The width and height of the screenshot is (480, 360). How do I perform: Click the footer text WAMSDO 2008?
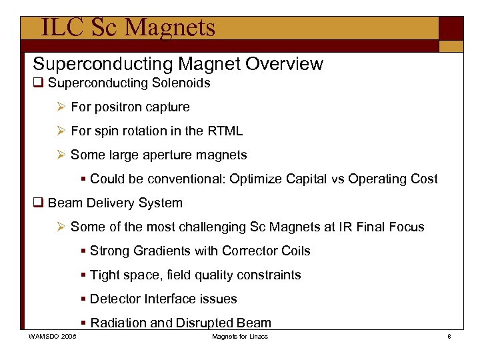(x=53, y=337)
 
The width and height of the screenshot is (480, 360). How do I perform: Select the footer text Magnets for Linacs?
(x=240, y=337)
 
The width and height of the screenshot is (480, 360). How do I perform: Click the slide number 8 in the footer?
(x=449, y=337)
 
